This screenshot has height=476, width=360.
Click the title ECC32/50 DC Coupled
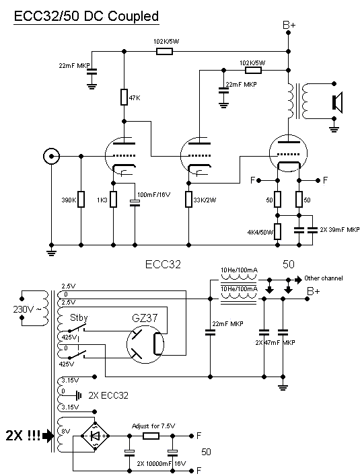click(86, 16)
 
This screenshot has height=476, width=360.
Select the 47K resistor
click(124, 97)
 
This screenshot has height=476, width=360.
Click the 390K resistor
click(81, 199)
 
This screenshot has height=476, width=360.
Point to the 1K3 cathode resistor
click(113, 199)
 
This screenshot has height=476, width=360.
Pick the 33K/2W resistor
click(188, 199)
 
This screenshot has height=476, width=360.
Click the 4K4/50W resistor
click(277, 232)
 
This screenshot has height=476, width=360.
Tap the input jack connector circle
click(51, 157)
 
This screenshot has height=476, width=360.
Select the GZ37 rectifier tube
click(145, 344)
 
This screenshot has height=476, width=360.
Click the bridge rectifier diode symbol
click(95, 436)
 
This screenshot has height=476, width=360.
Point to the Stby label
click(79, 318)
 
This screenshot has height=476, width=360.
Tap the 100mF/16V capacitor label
click(153, 195)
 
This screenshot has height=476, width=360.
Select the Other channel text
click(323, 278)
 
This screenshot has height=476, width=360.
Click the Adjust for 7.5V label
click(153, 426)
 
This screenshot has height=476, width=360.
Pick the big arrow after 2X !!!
click(48, 436)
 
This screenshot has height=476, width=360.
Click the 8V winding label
click(66, 431)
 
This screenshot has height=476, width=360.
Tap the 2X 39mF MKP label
click(339, 229)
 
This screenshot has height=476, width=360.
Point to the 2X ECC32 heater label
click(108, 395)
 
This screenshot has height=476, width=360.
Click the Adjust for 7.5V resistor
click(151, 436)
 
